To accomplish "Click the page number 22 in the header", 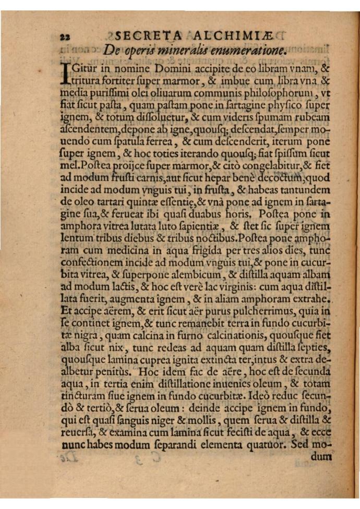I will click(x=66, y=37).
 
